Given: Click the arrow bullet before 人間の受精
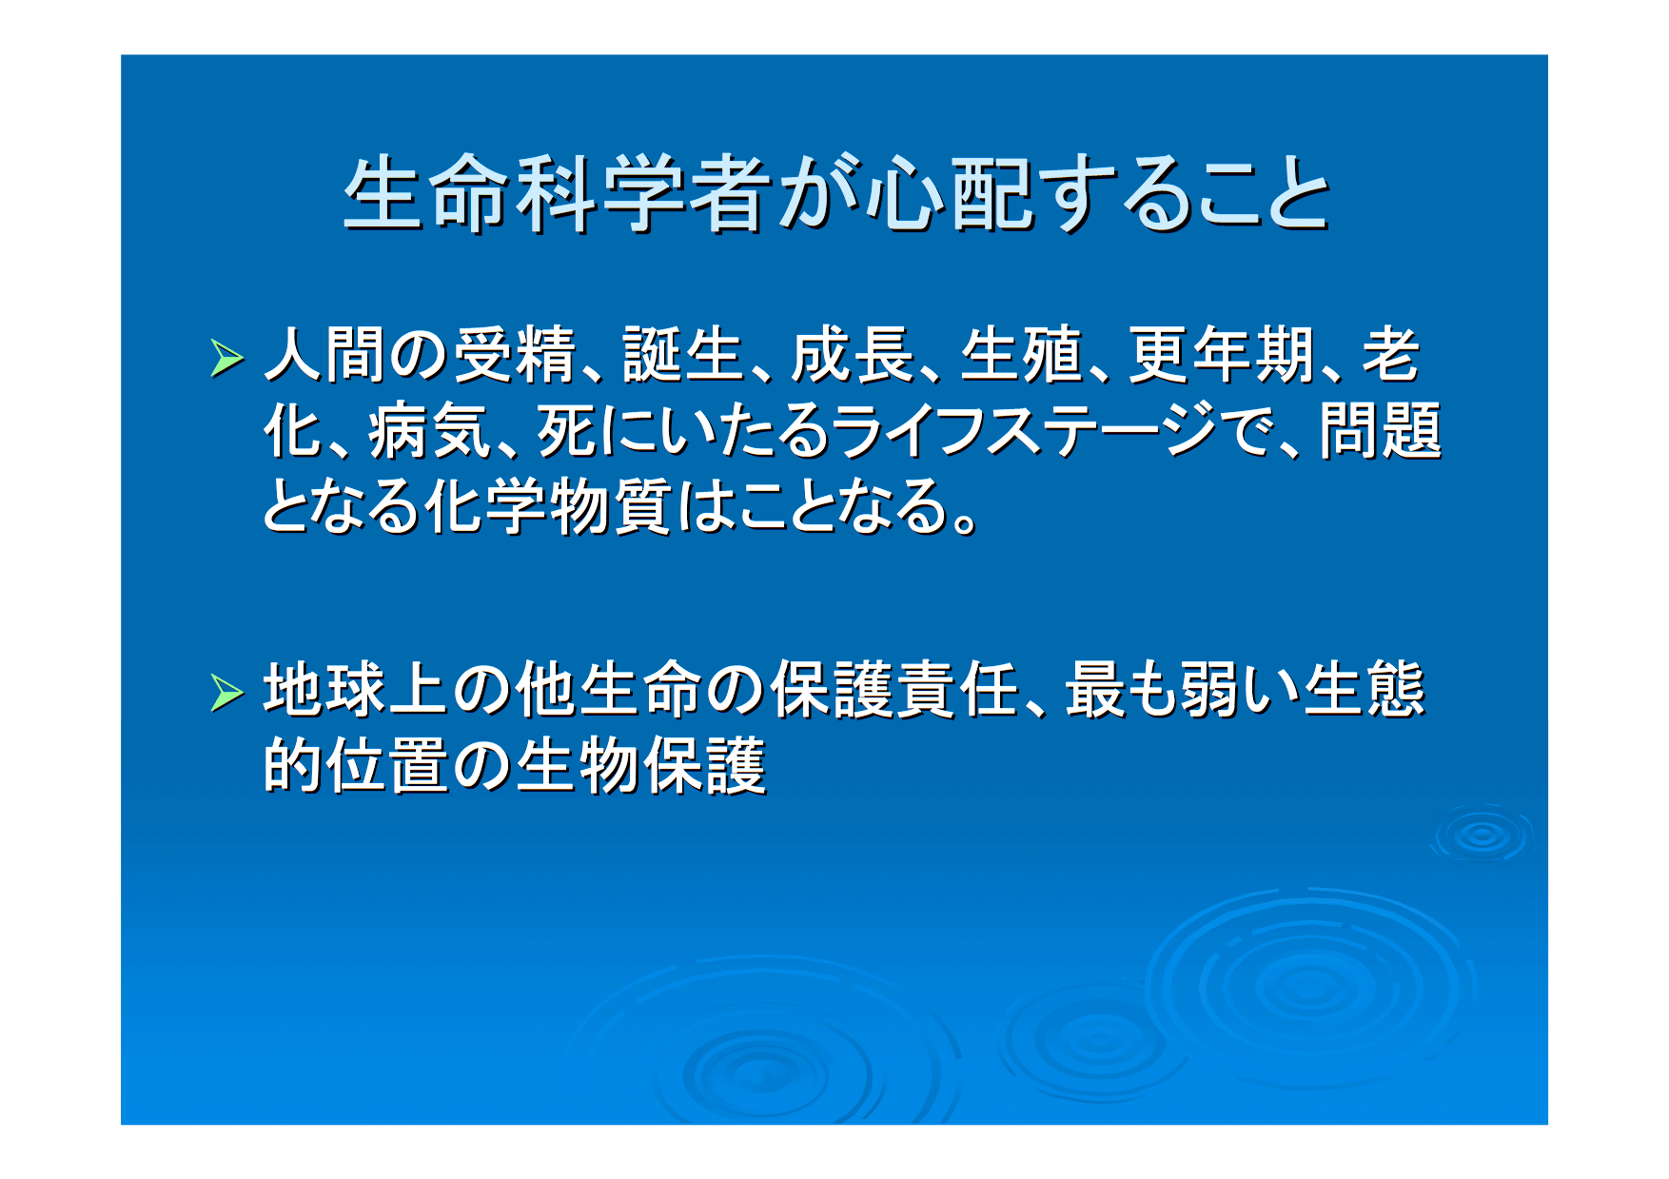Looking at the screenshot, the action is click(x=227, y=358).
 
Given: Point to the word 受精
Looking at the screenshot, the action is click(x=515, y=355).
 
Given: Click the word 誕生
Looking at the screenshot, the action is click(x=683, y=355).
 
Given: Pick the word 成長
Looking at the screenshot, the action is click(x=853, y=355).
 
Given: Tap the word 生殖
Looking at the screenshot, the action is click(x=1021, y=355).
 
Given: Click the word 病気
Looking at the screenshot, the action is click(x=429, y=431).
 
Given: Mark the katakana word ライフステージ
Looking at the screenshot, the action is click(x=1024, y=431).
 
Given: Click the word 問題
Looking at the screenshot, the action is click(x=1381, y=431).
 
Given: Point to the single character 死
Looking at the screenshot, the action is click(x=567, y=431).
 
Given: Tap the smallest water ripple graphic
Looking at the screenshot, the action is click(x=1481, y=835).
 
